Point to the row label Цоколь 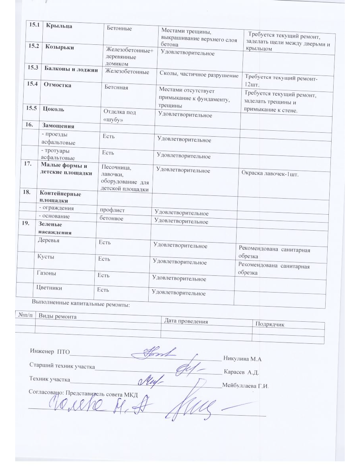click(x=54, y=108)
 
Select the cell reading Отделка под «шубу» click(x=119, y=116)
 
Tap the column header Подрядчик click(x=270, y=324)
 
